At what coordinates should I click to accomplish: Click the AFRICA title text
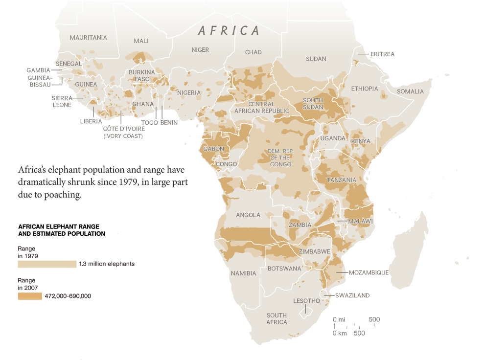[229, 31]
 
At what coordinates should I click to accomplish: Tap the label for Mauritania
[88, 38]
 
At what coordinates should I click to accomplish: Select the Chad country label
[253, 52]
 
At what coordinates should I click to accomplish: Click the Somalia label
[410, 91]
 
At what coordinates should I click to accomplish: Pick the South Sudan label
[313, 104]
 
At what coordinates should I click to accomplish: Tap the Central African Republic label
[261, 108]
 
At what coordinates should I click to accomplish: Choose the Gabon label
[213, 149]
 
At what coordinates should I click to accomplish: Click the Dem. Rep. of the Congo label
[280, 157]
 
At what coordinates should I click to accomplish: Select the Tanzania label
[341, 180]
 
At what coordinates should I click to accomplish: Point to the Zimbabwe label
[314, 251]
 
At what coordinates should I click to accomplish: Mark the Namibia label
[243, 273]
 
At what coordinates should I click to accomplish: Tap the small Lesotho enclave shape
[306, 310]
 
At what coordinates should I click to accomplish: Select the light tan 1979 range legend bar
[47, 264]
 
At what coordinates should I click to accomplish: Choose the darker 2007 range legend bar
[30, 296]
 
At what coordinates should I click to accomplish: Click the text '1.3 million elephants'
[107, 264]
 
